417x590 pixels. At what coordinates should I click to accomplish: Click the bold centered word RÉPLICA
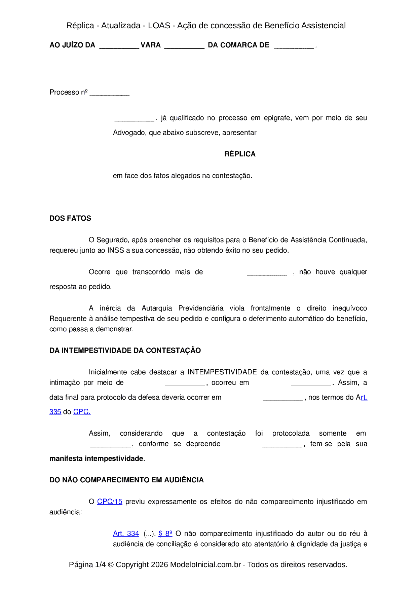point(240,154)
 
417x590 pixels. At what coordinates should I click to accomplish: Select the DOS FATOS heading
point(70,218)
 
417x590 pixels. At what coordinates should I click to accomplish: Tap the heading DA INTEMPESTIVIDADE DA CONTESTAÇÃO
point(125,351)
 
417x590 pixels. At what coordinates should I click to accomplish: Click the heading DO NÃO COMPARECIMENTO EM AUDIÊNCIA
point(126,480)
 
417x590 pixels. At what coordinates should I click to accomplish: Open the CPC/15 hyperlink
point(110,502)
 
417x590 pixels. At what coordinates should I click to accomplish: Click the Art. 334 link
point(126,533)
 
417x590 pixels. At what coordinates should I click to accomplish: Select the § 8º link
point(165,533)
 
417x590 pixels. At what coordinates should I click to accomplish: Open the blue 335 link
point(55,412)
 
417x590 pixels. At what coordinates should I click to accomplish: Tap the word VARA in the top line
point(151,45)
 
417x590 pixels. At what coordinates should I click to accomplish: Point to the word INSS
point(116,250)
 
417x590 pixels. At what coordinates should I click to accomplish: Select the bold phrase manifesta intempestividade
point(96,458)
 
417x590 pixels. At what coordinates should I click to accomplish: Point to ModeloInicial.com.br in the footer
point(205,564)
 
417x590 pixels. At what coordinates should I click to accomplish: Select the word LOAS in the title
point(159,26)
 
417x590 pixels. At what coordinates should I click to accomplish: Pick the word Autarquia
point(157,308)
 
